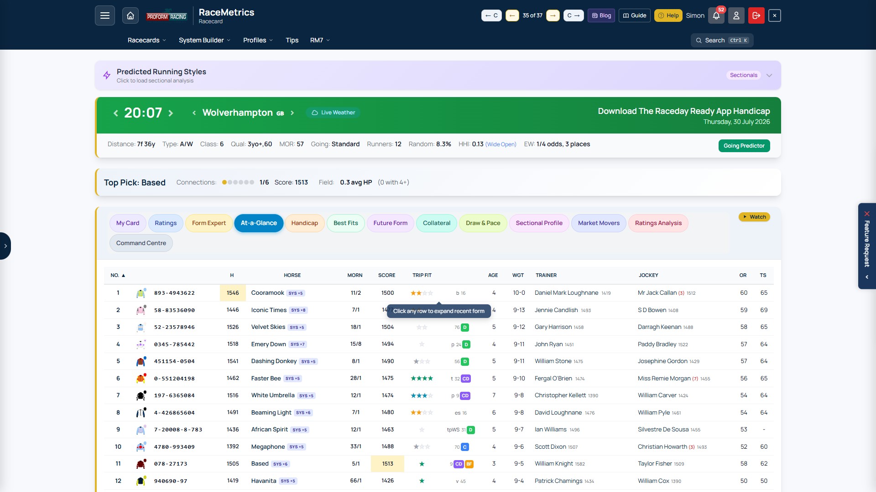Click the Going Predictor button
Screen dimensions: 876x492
(744, 146)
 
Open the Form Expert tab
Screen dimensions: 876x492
(209, 223)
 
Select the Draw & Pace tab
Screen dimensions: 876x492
(483, 223)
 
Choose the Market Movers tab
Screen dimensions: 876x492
(599, 223)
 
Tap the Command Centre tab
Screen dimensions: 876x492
(141, 243)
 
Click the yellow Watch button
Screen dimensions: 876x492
(754, 217)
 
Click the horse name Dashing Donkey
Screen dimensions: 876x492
(274, 361)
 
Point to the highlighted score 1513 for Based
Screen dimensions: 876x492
(387, 464)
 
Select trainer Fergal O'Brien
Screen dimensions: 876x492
(553, 379)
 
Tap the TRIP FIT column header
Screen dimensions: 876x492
(422, 276)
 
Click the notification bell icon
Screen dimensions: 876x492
(716, 15)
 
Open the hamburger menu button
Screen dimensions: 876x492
(105, 15)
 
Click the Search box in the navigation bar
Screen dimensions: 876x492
(722, 41)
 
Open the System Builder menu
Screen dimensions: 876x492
(204, 41)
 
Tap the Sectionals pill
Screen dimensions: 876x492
(743, 75)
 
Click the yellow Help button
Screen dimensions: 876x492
(668, 15)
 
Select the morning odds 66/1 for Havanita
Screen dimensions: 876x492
(356, 481)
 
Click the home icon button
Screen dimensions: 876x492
(130, 15)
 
